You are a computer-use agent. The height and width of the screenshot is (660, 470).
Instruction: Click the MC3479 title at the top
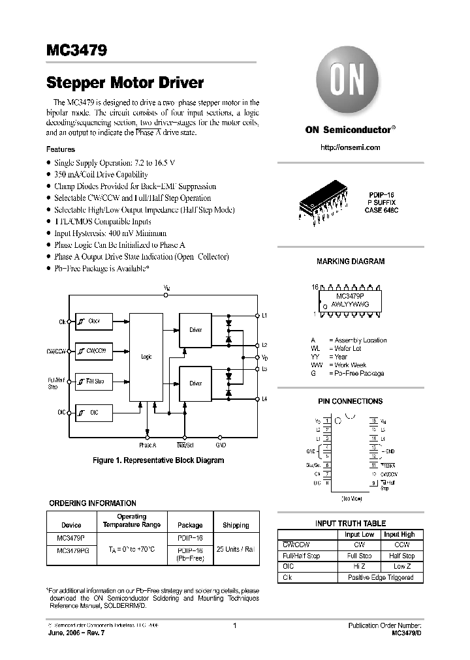coord(77,50)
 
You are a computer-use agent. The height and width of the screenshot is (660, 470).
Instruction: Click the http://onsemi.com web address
coord(350,147)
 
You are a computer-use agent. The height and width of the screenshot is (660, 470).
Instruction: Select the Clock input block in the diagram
coord(93,321)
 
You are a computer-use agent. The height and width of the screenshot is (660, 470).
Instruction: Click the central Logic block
coord(146,357)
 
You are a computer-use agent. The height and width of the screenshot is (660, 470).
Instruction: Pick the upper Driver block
coord(196,330)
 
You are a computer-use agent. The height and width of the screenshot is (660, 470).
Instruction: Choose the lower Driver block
coord(196,383)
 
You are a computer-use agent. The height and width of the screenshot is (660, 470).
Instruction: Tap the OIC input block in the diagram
coord(93,412)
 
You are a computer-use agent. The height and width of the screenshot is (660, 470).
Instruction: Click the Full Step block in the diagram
coord(93,381)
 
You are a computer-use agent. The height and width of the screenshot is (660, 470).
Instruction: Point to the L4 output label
coord(264,398)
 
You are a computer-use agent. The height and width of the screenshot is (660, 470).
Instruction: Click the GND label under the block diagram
coord(221,445)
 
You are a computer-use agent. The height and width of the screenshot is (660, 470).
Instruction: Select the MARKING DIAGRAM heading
coord(351,262)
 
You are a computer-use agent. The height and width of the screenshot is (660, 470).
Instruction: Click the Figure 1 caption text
coord(158,460)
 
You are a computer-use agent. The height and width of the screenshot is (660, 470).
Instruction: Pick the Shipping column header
coord(236,525)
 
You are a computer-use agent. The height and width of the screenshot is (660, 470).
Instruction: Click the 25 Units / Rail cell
coord(236,549)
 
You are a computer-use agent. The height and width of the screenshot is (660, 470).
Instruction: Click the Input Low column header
coord(359,534)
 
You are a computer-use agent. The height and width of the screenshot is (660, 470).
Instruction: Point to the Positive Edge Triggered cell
coord(380,578)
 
